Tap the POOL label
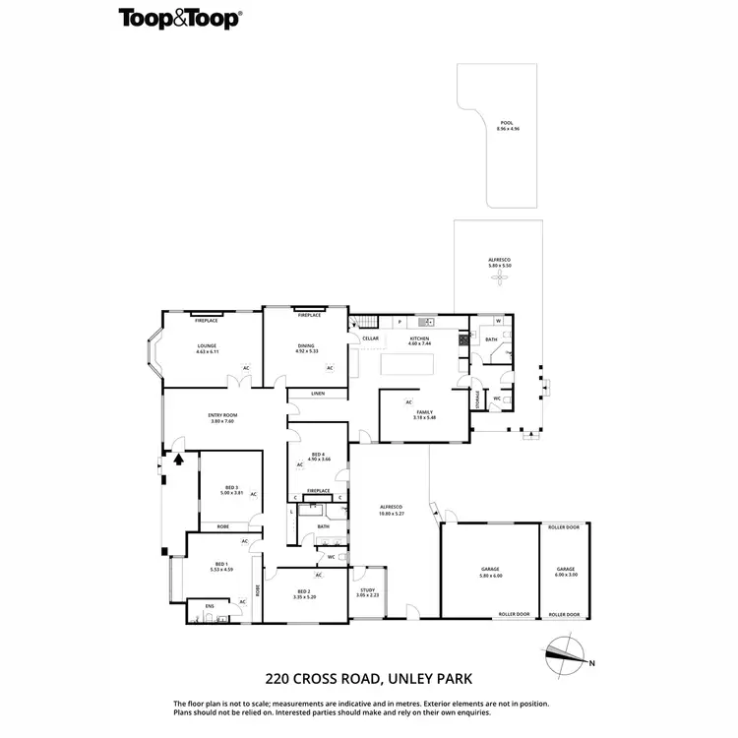pyautogui.click(x=507, y=123)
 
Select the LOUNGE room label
pyautogui.click(x=207, y=345)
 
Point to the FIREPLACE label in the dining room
pyautogui.click(x=310, y=315)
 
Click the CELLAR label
pyautogui.click(x=370, y=338)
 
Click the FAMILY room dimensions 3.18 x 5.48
pyautogui.click(x=425, y=417)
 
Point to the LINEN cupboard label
pyautogui.click(x=317, y=394)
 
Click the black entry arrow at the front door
pyautogui.click(x=178, y=457)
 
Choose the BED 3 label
pyautogui.click(x=231, y=487)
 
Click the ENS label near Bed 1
pyautogui.click(x=209, y=605)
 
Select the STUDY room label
pyautogui.click(x=366, y=590)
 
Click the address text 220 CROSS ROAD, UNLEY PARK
pyautogui.click(x=368, y=678)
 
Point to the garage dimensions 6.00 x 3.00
pyautogui.click(x=565, y=574)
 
